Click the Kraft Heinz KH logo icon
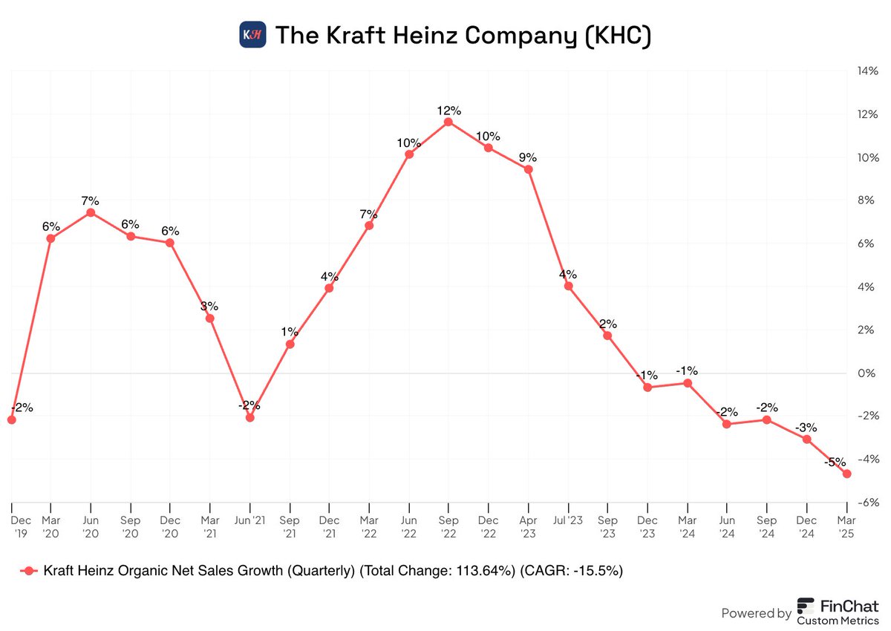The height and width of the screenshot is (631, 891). pyautogui.click(x=252, y=35)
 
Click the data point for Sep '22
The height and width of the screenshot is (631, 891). pyautogui.click(x=448, y=122)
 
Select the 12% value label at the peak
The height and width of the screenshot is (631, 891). pyautogui.click(x=448, y=111)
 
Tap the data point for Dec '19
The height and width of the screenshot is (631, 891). pyautogui.click(x=11, y=420)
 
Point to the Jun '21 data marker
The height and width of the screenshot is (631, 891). pyautogui.click(x=249, y=418)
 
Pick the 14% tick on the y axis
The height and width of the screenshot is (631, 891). pyautogui.click(x=868, y=72)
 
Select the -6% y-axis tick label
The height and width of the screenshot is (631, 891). pyautogui.click(x=869, y=503)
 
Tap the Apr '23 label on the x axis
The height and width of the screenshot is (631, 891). pyautogui.click(x=528, y=527)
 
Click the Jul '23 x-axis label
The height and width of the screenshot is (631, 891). pyautogui.click(x=568, y=521)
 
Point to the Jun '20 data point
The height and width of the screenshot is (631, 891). pyautogui.click(x=91, y=212)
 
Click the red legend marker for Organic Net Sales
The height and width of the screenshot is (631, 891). pyautogui.click(x=29, y=571)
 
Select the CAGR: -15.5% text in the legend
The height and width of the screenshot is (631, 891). pyautogui.click(x=571, y=571)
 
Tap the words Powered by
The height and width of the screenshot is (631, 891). pyautogui.click(x=756, y=613)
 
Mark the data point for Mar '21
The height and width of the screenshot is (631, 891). pyautogui.click(x=210, y=318)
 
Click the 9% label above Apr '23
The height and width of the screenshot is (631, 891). pyautogui.click(x=528, y=157)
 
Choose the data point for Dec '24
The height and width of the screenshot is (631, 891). pyautogui.click(x=806, y=439)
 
